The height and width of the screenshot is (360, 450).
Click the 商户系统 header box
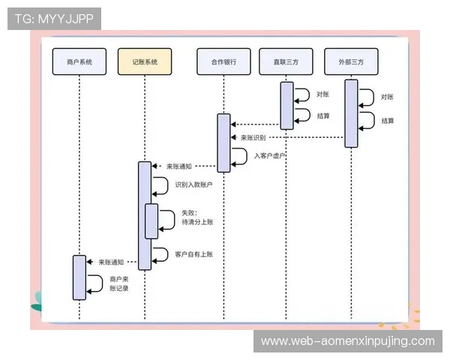click(x=79, y=62)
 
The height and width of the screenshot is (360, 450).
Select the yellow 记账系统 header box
click(x=145, y=62)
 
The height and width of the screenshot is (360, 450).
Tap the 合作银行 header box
click(x=223, y=62)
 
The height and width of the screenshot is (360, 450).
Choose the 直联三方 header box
click(x=286, y=62)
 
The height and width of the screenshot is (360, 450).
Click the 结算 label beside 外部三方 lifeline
click(x=388, y=120)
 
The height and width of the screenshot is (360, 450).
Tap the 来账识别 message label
click(x=253, y=138)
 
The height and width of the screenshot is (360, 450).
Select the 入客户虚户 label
click(x=270, y=155)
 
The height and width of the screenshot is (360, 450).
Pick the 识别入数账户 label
click(x=193, y=184)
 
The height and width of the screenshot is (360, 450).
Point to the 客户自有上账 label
click(x=193, y=253)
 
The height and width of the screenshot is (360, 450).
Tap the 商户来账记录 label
click(x=119, y=283)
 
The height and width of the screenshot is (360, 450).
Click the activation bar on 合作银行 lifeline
click(x=223, y=142)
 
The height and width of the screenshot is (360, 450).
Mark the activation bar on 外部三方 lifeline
click(x=351, y=112)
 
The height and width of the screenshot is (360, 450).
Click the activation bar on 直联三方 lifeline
click(x=286, y=105)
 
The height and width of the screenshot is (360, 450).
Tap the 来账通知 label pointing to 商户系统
click(x=111, y=262)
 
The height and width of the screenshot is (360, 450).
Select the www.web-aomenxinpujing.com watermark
click(x=347, y=341)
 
